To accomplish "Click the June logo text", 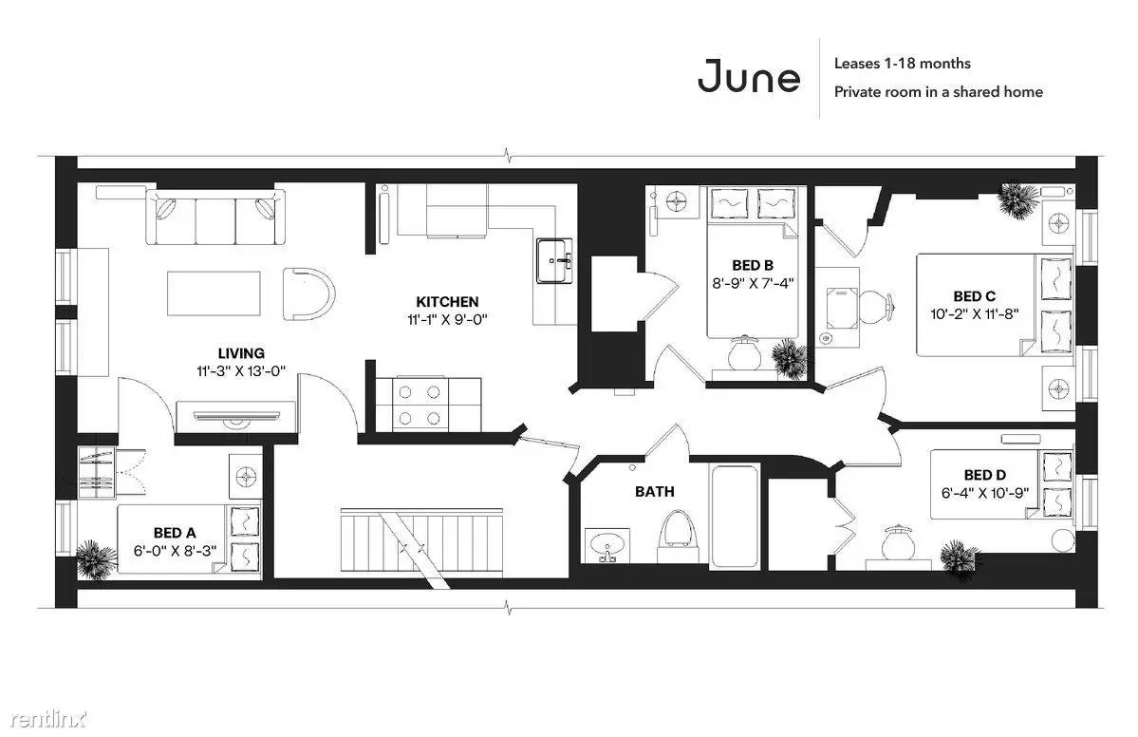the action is [748, 77].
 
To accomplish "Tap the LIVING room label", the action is [241, 353].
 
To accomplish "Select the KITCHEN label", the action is [447, 301].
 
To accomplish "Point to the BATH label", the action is [654, 492].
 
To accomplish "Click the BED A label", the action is [175, 533].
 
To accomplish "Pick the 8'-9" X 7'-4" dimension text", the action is [752, 283].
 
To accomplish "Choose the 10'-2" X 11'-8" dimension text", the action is [975, 314].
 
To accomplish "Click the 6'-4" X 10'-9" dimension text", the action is [985, 493].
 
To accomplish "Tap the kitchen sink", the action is [554, 260].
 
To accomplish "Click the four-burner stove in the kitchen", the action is [420, 405].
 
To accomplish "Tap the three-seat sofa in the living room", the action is [215, 217].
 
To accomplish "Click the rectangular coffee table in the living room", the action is [214, 293].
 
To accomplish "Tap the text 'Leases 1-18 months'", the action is [902, 64].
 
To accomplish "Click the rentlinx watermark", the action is [48, 720].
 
